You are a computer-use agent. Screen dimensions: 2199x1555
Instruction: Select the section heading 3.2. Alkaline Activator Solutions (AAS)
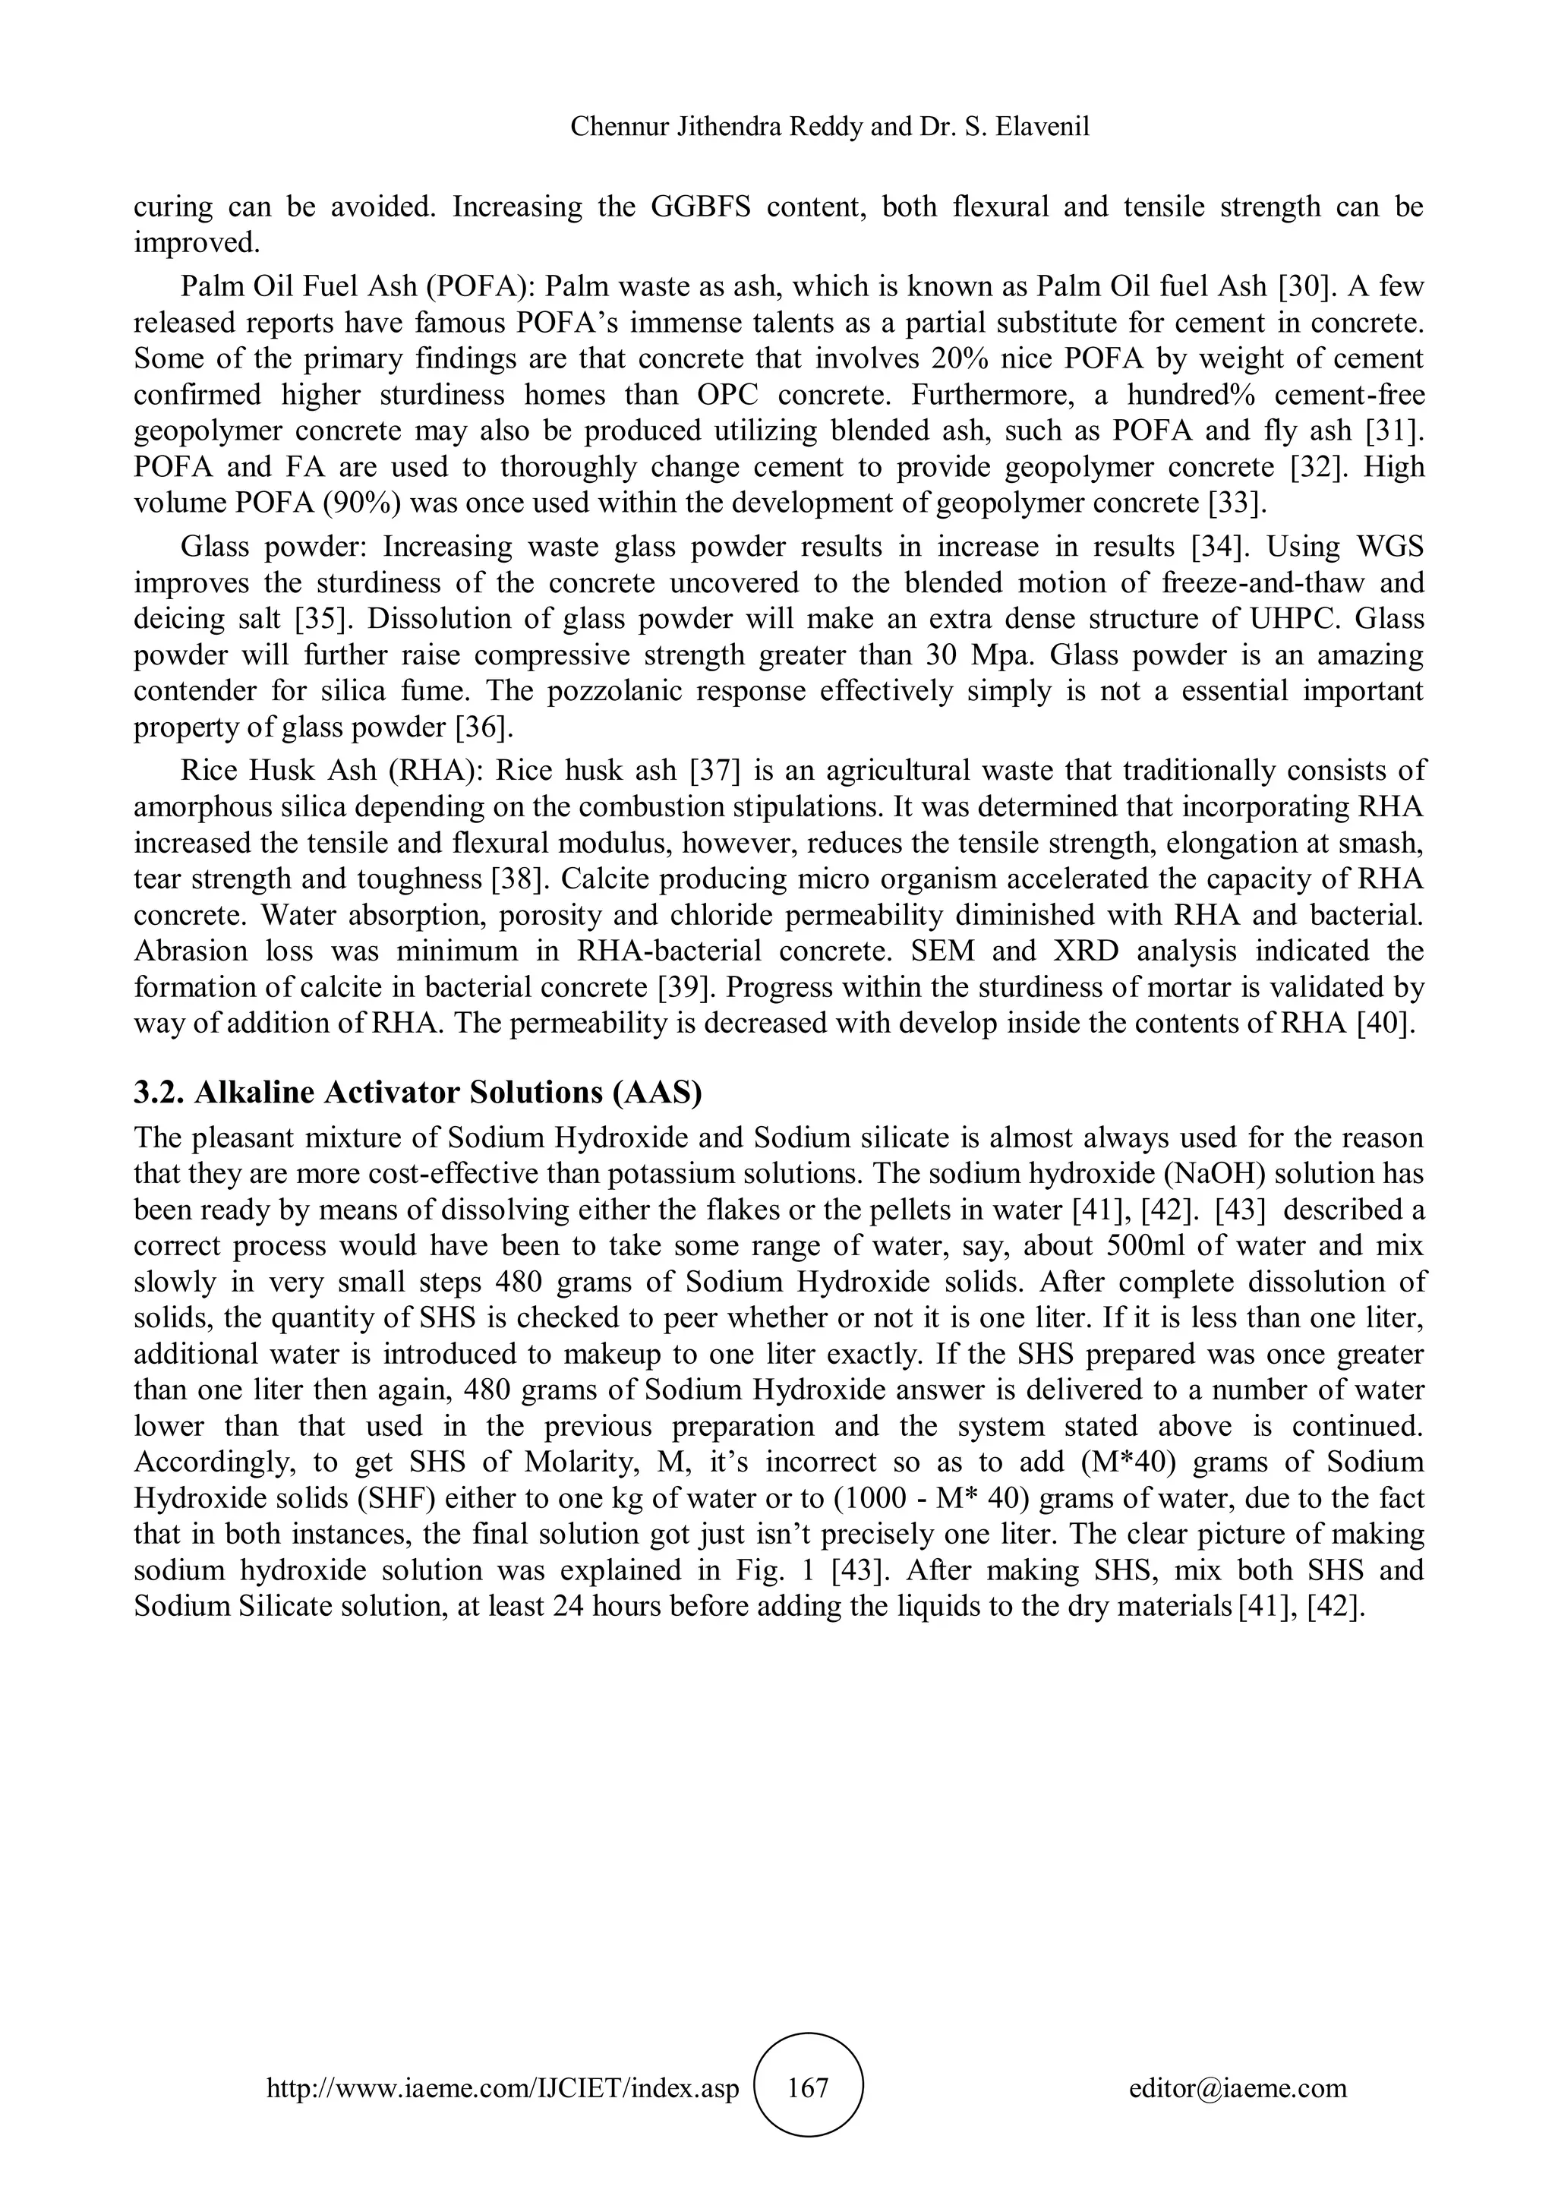tap(418, 1093)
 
